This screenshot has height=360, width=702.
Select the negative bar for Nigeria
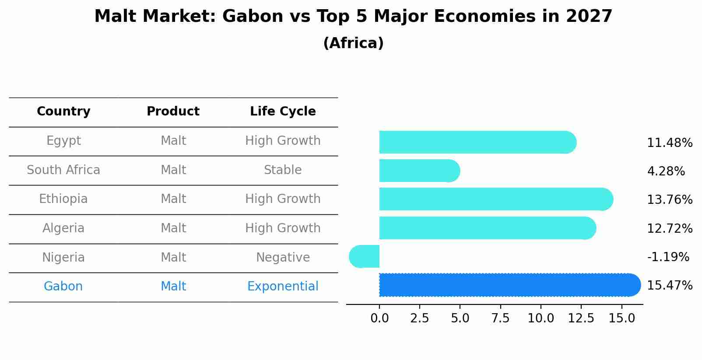pos(365,256)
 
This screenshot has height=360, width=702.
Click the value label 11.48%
pos(669,143)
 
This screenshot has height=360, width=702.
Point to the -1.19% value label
pos(668,257)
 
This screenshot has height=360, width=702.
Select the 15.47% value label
pos(669,286)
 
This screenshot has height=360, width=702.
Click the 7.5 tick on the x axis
pos(500,318)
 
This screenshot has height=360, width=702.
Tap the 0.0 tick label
pos(379,318)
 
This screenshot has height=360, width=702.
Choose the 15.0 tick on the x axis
pos(621,318)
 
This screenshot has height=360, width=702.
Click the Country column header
pos(63,112)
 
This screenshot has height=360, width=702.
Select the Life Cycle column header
pos(283,112)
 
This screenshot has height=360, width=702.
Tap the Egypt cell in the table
pos(63,141)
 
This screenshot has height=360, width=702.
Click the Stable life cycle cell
pos(283,170)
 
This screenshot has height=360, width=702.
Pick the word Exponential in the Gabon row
pos(283,287)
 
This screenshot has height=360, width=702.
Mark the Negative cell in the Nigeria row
pos(283,258)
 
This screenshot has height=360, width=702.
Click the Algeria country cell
pos(63,228)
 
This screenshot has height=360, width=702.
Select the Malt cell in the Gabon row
pos(173,287)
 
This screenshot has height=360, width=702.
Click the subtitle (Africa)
pos(353,43)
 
